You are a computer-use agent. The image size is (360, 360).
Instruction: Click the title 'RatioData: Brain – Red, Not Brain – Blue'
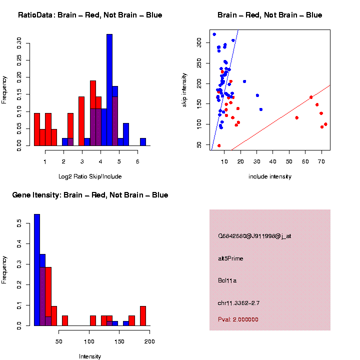pyautogui.click(x=90, y=15)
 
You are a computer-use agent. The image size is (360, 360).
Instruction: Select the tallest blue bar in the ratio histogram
pyautogui.click(x=109, y=90)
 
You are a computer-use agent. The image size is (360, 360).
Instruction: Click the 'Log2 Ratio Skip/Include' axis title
pyautogui.click(x=90, y=176)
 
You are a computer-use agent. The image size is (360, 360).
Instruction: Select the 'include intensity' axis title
pyautogui.click(x=269, y=176)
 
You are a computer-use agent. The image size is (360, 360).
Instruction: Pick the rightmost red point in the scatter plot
pyautogui.click(x=325, y=124)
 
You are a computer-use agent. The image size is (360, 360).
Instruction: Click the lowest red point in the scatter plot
pyautogui.click(x=219, y=145)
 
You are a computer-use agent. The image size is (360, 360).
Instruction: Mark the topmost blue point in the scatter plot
pyautogui.click(x=214, y=34)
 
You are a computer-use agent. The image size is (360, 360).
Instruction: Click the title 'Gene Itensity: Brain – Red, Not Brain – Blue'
pyautogui.click(x=90, y=195)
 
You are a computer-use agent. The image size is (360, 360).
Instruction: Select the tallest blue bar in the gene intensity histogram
pyautogui.click(x=37, y=269)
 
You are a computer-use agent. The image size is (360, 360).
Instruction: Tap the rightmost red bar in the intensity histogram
pyautogui.click(x=143, y=315)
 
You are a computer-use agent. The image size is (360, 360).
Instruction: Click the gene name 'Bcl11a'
pyautogui.click(x=227, y=280)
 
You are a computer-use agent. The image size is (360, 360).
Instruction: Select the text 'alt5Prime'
pyautogui.click(x=230, y=258)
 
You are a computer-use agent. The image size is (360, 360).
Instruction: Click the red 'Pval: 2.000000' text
pyautogui.click(x=238, y=319)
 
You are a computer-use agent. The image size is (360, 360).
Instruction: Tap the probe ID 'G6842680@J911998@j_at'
pyautogui.click(x=254, y=236)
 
